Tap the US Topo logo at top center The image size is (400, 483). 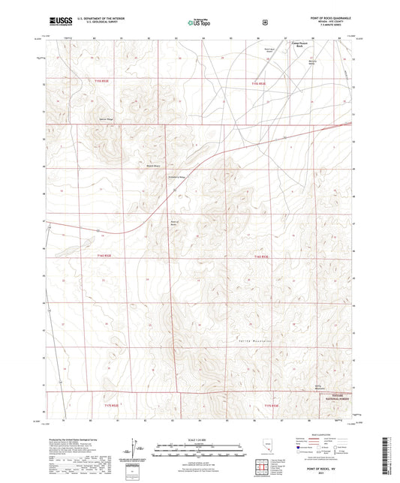(x=199, y=23)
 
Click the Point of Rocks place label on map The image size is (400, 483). (x=176, y=223)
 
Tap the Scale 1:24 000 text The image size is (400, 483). (x=199, y=439)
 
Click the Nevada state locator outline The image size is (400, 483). (x=269, y=448)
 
